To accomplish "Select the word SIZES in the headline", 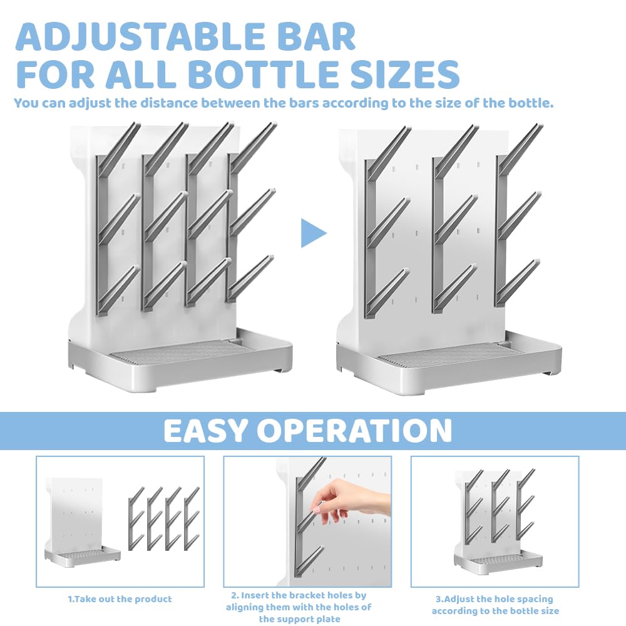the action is point(405,74).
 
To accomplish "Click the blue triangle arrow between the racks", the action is point(314,233).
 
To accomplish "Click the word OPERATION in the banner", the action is point(354,431).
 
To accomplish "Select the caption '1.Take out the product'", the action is point(120,599).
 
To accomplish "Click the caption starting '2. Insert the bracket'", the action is point(299,607).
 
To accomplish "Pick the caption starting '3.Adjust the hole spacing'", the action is point(495,605).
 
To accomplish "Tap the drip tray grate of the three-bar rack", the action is point(447,354).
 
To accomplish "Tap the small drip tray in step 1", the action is point(83,557).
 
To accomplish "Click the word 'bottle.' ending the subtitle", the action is point(531,103).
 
